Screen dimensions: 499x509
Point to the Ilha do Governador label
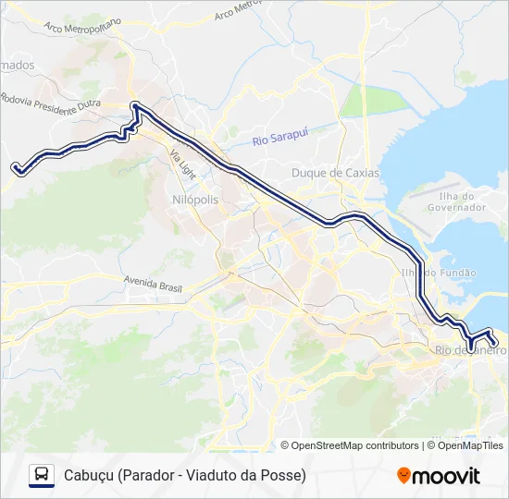456,201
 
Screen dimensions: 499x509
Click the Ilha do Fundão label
438,273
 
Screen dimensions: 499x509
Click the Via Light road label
182,165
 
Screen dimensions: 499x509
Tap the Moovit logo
439,476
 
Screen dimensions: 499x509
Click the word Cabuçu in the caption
89,475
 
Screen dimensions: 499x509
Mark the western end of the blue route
16,167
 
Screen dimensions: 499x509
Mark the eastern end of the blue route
496,344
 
